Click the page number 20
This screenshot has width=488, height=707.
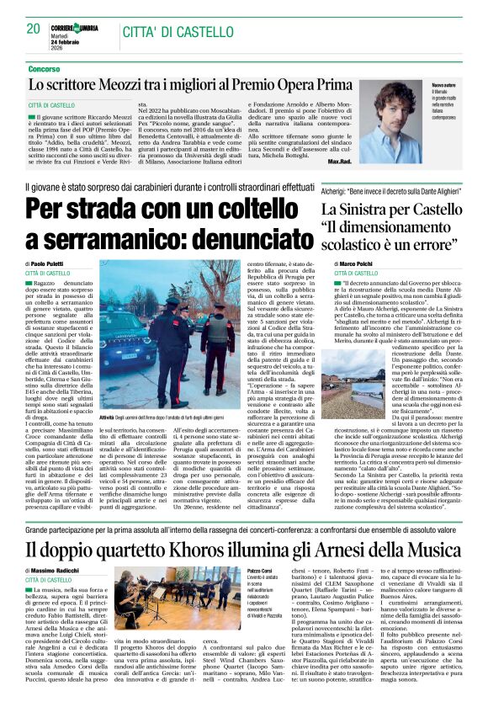[x=34, y=29]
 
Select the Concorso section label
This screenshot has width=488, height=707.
[x=44, y=68]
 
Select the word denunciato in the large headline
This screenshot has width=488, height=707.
[x=241, y=237]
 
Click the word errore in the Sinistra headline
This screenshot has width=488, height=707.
[x=440, y=245]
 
